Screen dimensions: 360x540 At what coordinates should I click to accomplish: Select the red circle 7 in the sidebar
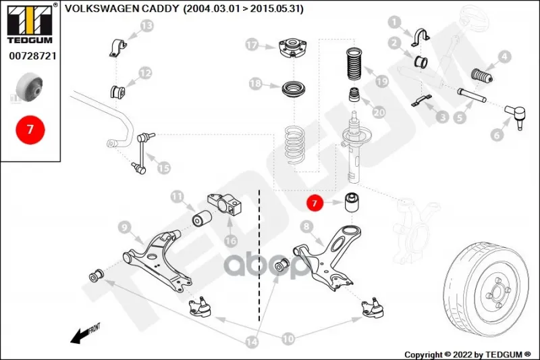30,128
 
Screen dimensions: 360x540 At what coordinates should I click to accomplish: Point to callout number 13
146,26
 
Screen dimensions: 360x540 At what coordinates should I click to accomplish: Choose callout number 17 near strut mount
252,46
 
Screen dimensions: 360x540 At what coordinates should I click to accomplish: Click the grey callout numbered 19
382,82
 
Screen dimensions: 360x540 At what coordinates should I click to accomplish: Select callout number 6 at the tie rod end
497,134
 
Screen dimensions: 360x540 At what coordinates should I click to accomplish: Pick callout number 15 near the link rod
163,167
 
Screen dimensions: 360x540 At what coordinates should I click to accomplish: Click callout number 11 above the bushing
177,197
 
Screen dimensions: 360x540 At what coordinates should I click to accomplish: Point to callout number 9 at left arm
124,226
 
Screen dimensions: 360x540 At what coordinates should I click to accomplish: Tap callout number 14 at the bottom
252,342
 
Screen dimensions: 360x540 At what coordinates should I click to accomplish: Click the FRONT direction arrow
85,332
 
